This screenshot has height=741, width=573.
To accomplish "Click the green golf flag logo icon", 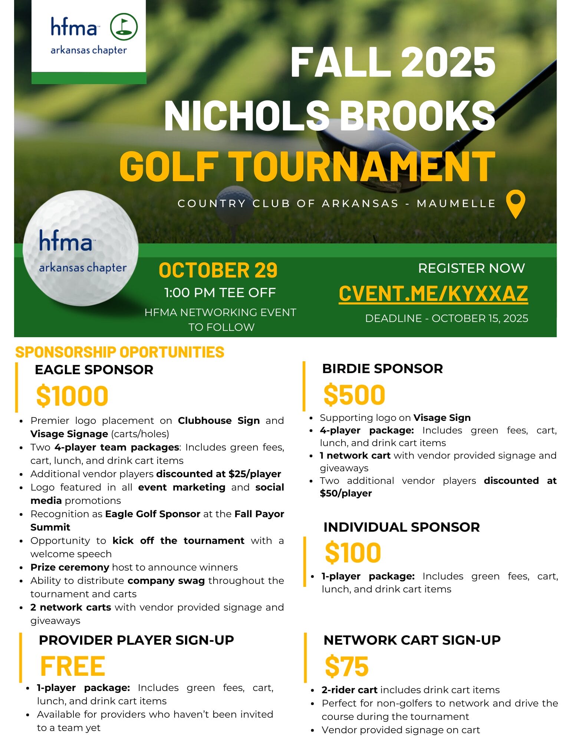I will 124,27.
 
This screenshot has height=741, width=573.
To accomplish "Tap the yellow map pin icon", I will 516,203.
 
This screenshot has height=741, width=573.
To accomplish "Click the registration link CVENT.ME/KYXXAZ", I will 433,294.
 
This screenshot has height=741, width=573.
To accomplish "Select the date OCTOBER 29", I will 218,270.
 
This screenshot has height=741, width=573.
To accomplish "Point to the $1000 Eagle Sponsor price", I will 72,396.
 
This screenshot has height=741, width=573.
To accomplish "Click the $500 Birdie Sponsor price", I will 354,395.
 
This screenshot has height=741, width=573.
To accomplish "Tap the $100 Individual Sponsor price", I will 353,553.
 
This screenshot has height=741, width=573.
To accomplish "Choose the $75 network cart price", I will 347,666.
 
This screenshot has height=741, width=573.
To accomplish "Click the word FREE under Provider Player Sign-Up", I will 73,666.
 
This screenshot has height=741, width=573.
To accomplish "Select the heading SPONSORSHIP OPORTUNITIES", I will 120,352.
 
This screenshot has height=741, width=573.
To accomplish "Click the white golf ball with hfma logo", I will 80,248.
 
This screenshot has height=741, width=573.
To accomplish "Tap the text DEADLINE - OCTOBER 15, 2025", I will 447,318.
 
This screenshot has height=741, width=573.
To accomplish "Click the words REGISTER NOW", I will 471,268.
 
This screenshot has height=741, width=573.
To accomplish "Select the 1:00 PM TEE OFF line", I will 220,293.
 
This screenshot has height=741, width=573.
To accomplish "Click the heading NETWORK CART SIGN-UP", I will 412,640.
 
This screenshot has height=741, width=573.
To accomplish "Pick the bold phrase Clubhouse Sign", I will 219,421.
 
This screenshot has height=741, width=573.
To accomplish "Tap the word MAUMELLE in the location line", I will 456,203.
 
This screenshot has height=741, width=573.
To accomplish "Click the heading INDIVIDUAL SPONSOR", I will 401,527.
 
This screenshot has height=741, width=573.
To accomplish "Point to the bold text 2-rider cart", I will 349,690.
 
